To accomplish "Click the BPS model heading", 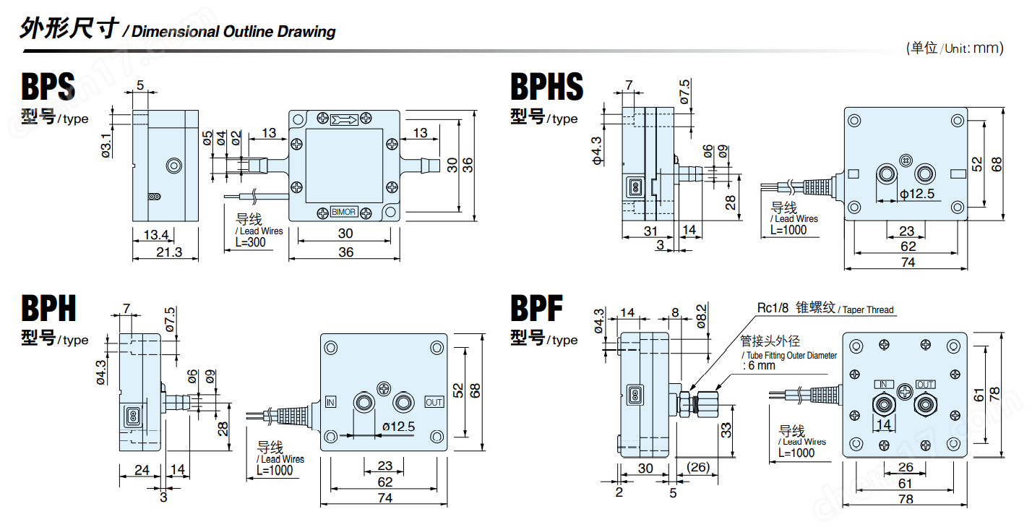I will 48,88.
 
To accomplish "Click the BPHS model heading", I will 546,87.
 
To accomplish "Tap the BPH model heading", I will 48,309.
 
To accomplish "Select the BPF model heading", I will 536,309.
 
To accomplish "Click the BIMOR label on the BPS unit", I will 343,212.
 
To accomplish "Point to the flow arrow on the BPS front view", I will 344,119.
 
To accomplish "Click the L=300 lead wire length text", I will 251,243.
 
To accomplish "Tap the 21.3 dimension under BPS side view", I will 165,252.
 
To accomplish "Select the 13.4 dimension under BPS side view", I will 155,234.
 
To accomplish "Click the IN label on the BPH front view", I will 331,402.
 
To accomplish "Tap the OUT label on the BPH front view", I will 434,402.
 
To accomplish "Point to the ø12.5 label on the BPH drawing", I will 398,427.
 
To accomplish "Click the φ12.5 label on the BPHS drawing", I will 917,193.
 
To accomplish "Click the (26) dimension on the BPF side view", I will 698,468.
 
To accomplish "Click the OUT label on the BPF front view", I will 925,384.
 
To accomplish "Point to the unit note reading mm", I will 988,48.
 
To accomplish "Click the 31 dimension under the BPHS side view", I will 650,231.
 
